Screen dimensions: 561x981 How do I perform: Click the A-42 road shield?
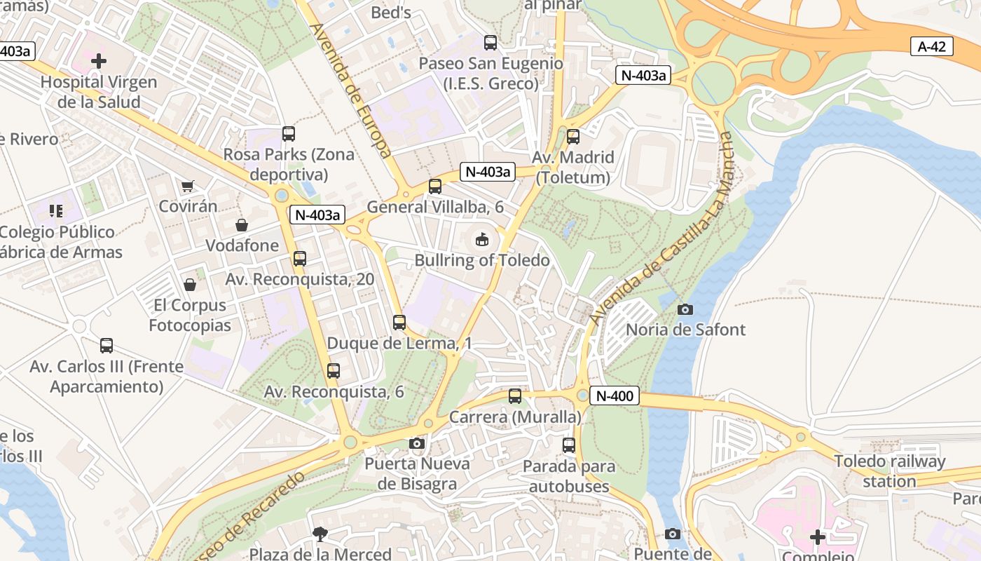coord(932,47)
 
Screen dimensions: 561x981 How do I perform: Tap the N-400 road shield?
coord(615,396)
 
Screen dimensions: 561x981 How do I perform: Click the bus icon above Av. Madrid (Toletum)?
coord(573,137)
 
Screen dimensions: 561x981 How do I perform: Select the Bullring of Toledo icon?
coord(482,240)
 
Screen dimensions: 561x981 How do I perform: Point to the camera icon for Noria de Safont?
coord(685,309)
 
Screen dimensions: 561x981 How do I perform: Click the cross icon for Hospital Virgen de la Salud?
coord(99,61)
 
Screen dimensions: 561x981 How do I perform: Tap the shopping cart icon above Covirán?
coord(187,187)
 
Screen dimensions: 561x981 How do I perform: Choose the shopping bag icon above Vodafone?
coord(242,225)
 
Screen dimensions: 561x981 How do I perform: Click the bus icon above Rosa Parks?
coord(288,134)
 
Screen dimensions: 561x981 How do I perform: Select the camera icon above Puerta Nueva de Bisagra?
coord(417,443)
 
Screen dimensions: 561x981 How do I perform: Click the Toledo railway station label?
coord(889,471)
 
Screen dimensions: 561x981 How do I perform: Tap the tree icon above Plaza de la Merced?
coord(320,534)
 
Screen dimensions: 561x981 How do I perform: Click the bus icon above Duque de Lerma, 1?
coord(399,323)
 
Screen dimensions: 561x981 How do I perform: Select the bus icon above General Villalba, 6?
coord(435,187)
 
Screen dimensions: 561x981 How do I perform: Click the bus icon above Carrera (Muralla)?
coord(515,396)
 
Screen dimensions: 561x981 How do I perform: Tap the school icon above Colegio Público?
coord(56,211)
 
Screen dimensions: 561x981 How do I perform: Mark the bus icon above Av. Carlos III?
coord(107,346)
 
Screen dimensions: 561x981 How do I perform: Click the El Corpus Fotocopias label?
coord(190,316)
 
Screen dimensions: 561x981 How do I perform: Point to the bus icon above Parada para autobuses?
coord(569,445)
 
